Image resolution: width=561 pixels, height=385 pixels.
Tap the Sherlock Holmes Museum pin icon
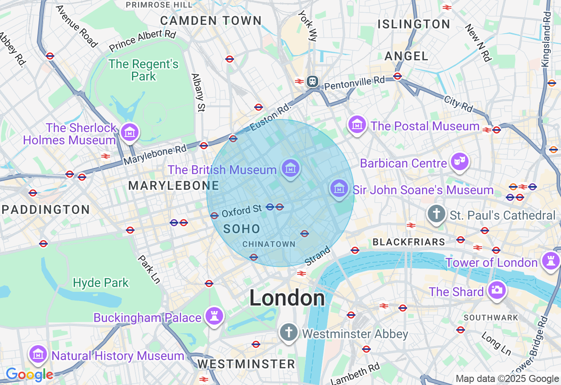click(130, 132)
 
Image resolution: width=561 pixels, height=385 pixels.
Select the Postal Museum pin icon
click(357, 125)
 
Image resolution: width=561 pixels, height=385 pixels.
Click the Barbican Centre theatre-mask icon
click(459, 162)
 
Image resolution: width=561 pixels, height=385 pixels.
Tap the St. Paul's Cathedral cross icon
click(436, 214)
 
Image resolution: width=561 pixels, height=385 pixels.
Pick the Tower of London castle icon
click(550, 261)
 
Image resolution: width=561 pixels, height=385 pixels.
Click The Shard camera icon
click(497, 290)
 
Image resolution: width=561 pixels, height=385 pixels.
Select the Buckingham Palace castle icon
click(214, 316)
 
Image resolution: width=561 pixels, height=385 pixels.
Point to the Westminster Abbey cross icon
click(289, 332)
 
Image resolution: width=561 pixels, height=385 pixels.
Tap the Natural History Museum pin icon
click(38, 354)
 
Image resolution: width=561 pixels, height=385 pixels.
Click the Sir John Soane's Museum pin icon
click(339, 189)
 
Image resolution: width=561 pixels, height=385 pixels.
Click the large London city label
click(287, 299)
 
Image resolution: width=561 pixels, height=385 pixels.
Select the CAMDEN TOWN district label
click(211, 21)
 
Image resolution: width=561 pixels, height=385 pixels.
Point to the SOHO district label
click(242, 228)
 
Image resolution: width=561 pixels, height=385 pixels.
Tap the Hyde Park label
click(101, 283)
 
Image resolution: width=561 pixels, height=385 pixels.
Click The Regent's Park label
click(144, 70)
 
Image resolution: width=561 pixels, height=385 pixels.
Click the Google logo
click(29, 375)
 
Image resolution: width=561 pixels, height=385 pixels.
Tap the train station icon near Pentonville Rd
click(312, 81)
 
